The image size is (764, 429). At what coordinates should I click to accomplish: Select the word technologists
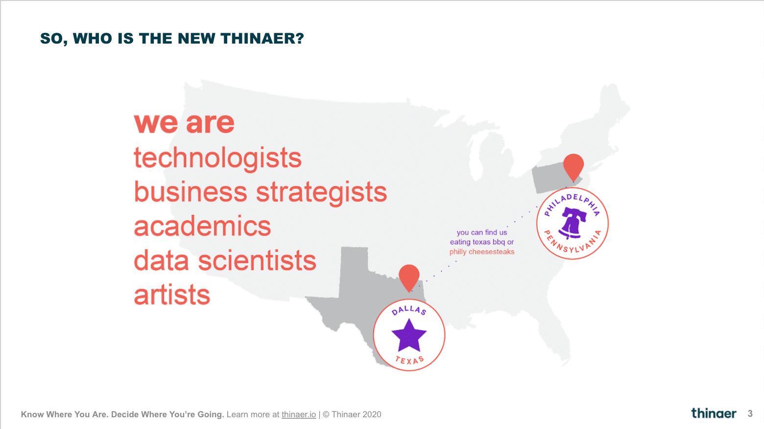[x=217, y=159]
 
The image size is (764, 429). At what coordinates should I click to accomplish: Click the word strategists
[x=321, y=192]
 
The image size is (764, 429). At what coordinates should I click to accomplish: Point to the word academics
[x=202, y=226]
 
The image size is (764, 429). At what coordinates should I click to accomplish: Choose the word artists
[x=172, y=295]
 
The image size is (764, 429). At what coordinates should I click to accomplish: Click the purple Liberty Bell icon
[x=573, y=223]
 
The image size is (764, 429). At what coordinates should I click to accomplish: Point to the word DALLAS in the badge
[x=409, y=310]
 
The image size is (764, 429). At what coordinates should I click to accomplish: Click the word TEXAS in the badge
[x=409, y=360]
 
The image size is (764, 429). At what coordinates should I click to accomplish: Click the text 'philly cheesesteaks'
[x=481, y=252]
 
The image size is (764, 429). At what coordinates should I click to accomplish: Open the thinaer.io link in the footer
[x=299, y=414]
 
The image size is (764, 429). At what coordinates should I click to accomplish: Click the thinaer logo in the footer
[x=714, y=413]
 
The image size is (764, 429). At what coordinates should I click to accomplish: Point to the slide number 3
[x=750, y=414]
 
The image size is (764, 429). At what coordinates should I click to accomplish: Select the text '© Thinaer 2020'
[x=352, y=414]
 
